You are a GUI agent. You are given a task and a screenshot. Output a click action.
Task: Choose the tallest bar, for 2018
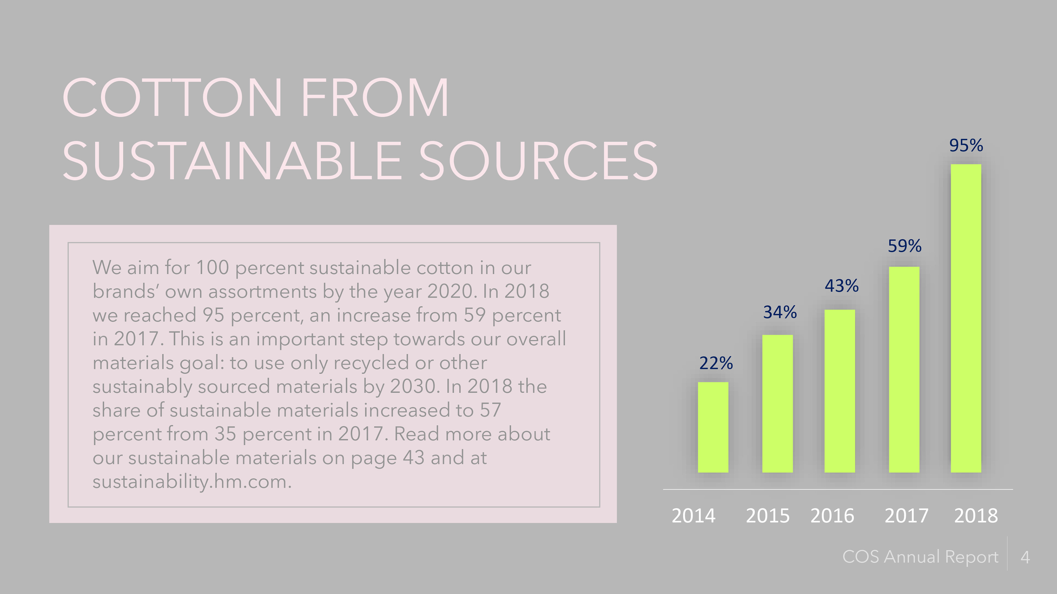tap(966, 318)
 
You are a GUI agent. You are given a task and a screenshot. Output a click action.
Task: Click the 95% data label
tap(966, 145)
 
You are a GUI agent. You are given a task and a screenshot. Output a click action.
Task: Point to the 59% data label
tap(904, 246)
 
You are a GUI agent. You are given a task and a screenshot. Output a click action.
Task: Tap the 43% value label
tap(841, 286)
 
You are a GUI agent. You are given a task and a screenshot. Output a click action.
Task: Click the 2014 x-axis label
tap(693, 516)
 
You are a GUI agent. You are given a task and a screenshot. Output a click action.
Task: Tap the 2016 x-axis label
tap(832, 516)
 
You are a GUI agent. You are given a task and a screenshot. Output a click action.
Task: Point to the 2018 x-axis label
tap(976, 516)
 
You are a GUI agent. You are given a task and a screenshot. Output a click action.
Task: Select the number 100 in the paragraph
tap(212, 268)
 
